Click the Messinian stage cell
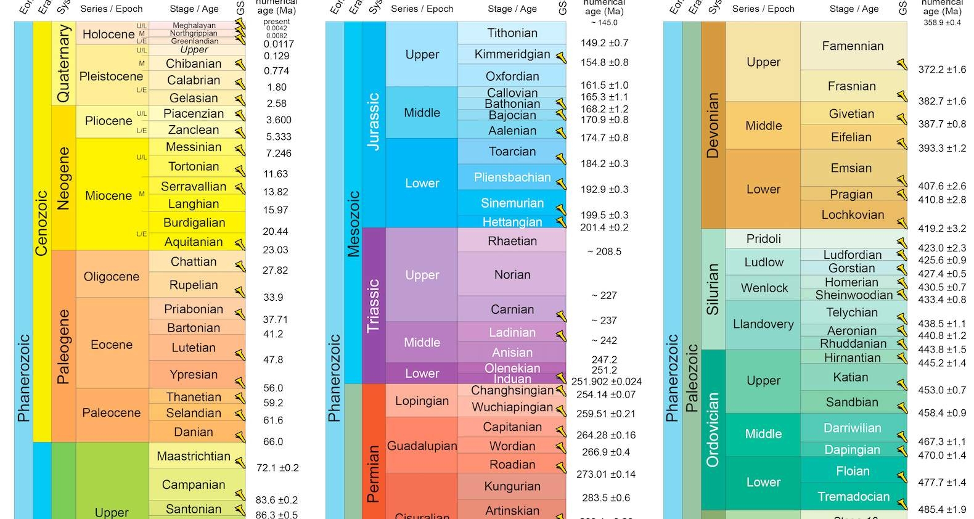pyautogui.click(x=194, y=147)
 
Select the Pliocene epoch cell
pyautogui.click(x=108, y=121)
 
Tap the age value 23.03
pyautogui.click(x=276, y=250)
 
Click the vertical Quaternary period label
pyautogui.click(x=63, y=63)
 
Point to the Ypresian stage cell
pyautogui.click(x=194, y=375)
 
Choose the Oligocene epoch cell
pyautogui.click(x=112, y=277)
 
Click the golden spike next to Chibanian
pyautogui.click(x=240, y=64)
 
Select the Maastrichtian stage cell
pyautogui.click(x=194, y=457)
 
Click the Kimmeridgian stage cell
pyautogui.click(x=512, y=54)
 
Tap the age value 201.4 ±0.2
pyautogui.click(x=604, y=227)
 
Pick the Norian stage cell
pyautogui.click(x=512, y=275)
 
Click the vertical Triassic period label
pyautogui.click(x=374, y=306)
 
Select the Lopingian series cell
pyautogui.click(x=422, y=401)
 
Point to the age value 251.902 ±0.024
pyautogui.click(x=606, y=382)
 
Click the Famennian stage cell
pyautogui.click(x=853, y=46)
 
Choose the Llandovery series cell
pyautogui.click(x=763, y=324)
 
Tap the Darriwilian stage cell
pyautogui.click(x=853, y=428)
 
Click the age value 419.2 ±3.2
pyautogui.click(x=942, y=229)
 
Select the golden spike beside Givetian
pyautogui.click(x=902, y=118)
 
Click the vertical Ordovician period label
pyautogui.click(x=713, y=430)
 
